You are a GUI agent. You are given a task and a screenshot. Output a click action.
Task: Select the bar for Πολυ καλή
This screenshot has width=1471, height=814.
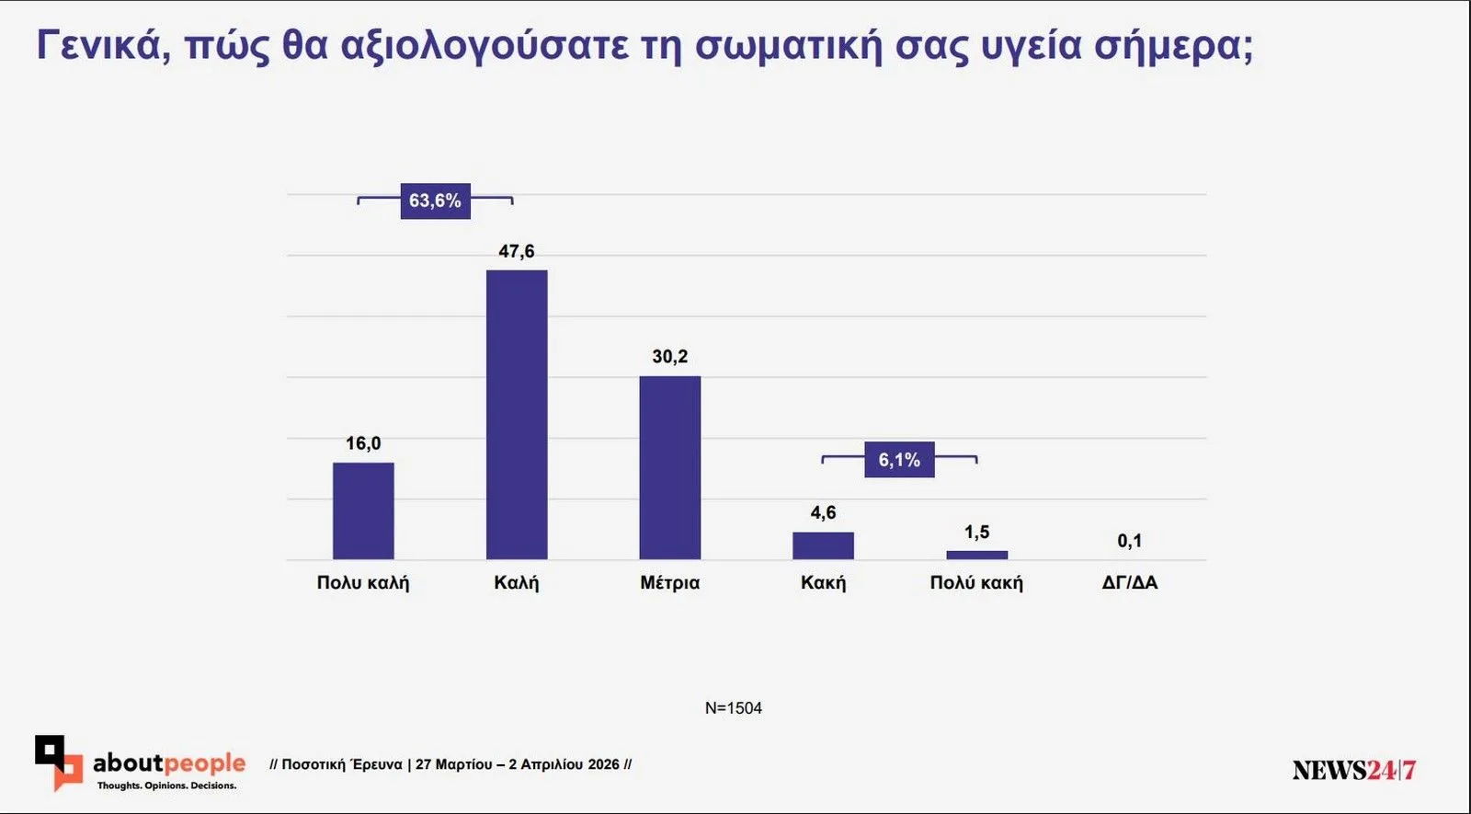coord(363,510)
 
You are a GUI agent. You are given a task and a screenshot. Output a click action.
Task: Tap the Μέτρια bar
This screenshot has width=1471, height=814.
coord(669,467)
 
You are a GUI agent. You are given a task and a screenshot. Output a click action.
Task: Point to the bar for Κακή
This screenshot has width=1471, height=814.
coord(823,545)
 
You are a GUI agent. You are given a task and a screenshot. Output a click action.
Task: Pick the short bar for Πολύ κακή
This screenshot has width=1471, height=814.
coord(976,555)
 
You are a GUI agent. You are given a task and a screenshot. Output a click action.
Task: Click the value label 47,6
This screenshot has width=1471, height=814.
coord(516,251)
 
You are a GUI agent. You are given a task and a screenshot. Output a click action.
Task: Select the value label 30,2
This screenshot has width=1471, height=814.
coord(669,356)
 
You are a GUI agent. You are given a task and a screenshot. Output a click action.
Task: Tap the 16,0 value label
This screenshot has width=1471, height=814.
coord(363,443)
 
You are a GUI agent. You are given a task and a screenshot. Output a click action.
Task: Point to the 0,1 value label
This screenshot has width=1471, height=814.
coord(1129,541)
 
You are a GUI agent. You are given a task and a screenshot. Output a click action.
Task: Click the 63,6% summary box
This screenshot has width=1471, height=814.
coord(435,201)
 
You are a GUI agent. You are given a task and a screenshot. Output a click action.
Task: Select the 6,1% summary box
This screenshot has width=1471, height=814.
coord(898,460)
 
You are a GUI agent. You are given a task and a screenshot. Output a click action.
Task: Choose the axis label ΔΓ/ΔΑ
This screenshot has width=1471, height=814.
coord(1129,582)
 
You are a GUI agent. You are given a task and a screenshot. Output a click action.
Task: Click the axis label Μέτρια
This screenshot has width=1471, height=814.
coord(669,582)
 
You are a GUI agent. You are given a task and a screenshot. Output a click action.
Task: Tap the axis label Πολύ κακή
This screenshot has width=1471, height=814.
coord(976,582)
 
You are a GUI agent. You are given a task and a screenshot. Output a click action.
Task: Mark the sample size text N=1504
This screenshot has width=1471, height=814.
coord(733,708)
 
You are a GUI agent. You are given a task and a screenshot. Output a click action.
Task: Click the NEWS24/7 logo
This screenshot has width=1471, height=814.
coord(1353,770)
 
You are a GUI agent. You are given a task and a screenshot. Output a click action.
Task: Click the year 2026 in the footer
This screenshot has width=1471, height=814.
coord(604,764)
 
